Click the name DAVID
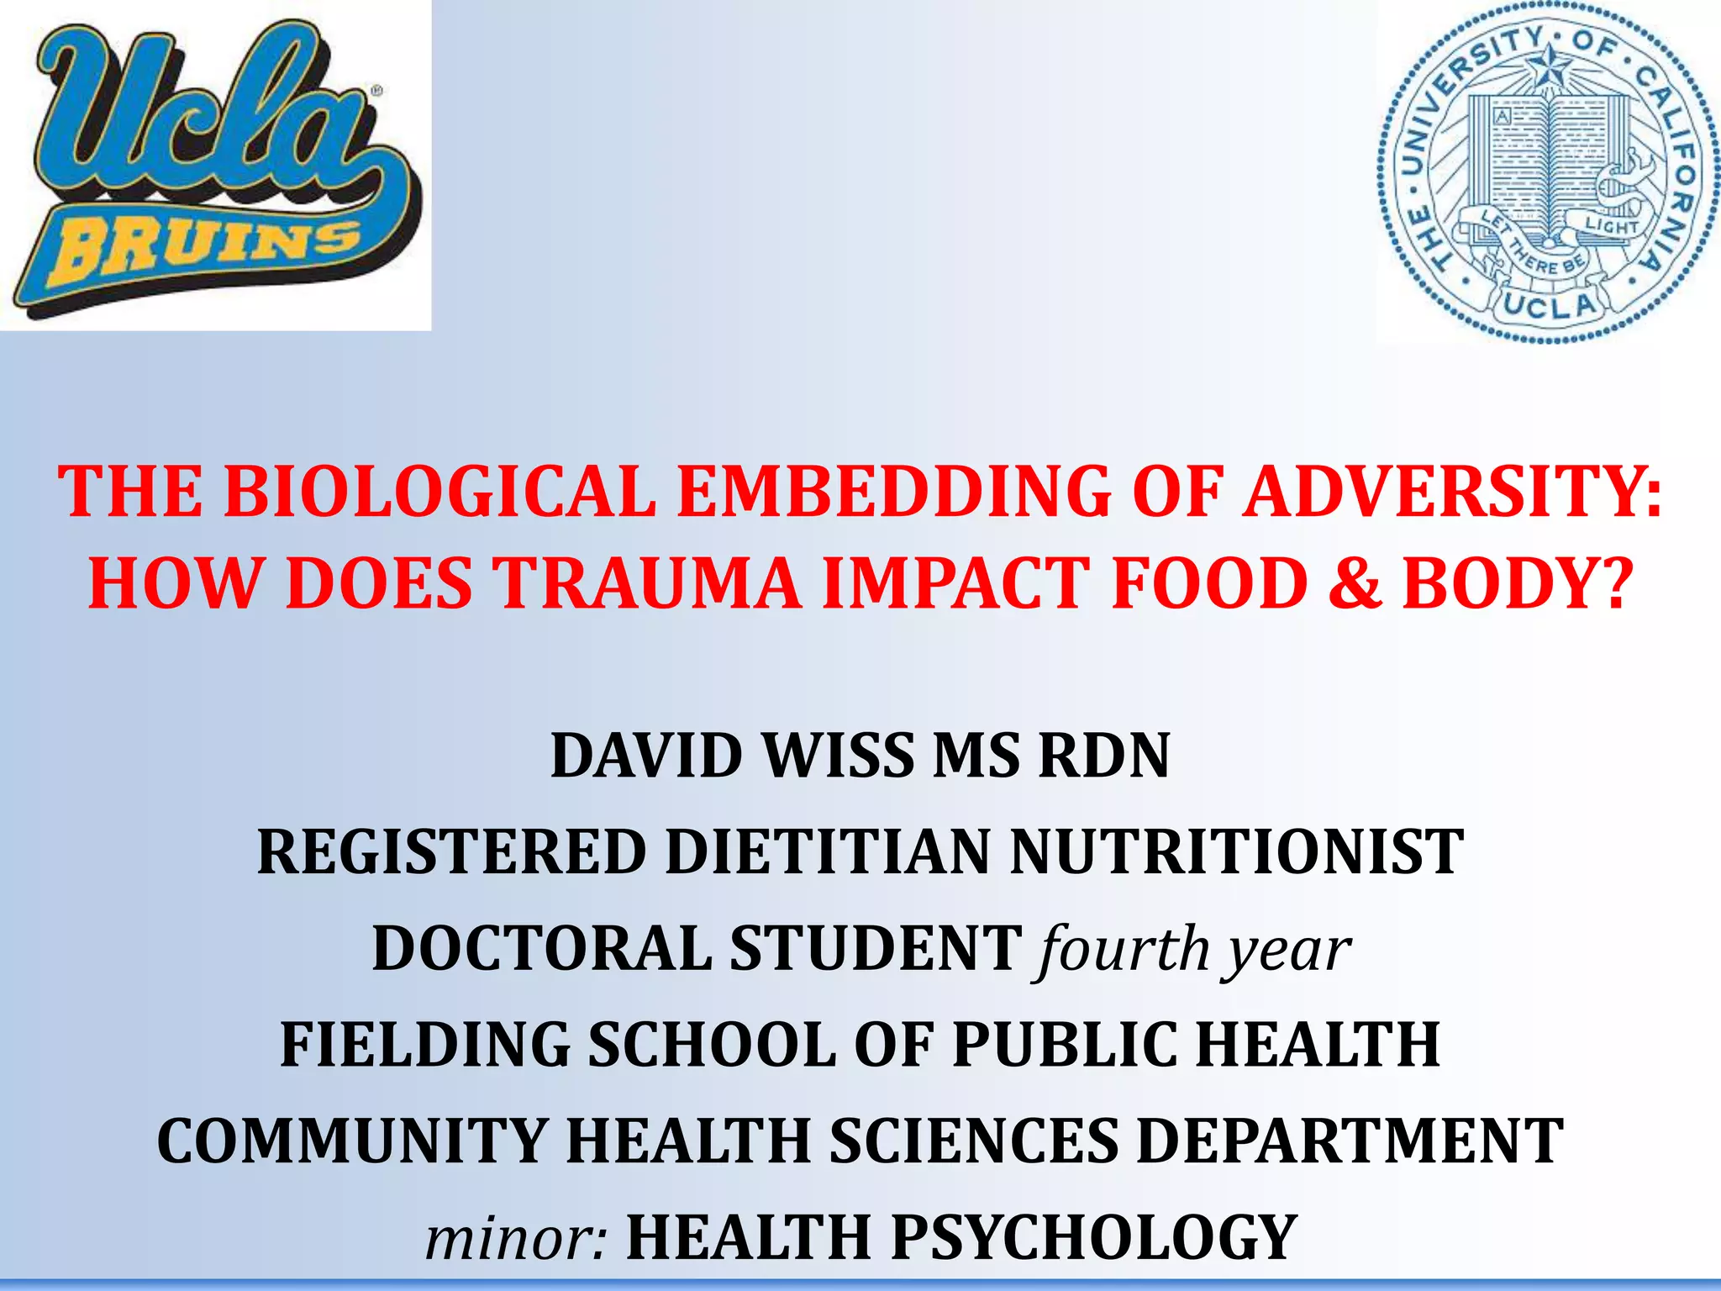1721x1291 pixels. pyautogui.click(x=648, y=756)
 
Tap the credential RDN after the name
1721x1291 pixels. pyautogui.click(x=1104, y=756)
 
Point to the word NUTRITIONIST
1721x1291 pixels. pyautogui.click(x=1236, y=852)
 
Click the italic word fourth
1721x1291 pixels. pyautogui.click(x=1124, y=949)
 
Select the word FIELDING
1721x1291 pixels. pyautogui.click(x=424, y=1045)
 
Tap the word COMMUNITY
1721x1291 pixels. pyautogui.click(x=352, y=1141)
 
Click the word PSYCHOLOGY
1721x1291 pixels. pyautogui.click(x=1093, y=1238)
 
